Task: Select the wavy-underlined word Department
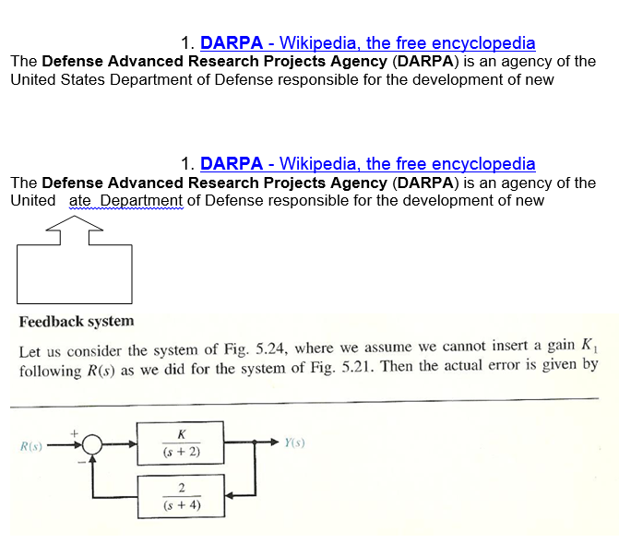tap(141, 200)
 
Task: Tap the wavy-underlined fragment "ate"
tap(80, 200)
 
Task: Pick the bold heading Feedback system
tap(77, 321)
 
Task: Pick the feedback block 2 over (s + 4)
tap(181, 496)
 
